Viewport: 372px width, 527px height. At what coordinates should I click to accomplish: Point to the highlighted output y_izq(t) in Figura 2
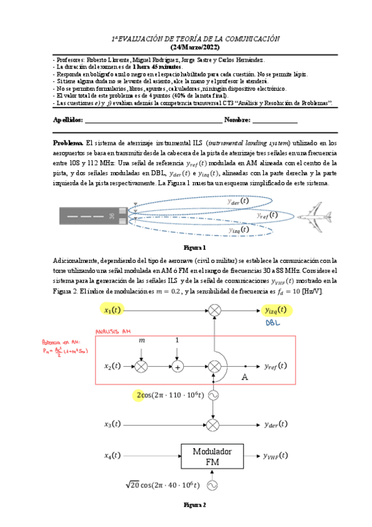[276, 309]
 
